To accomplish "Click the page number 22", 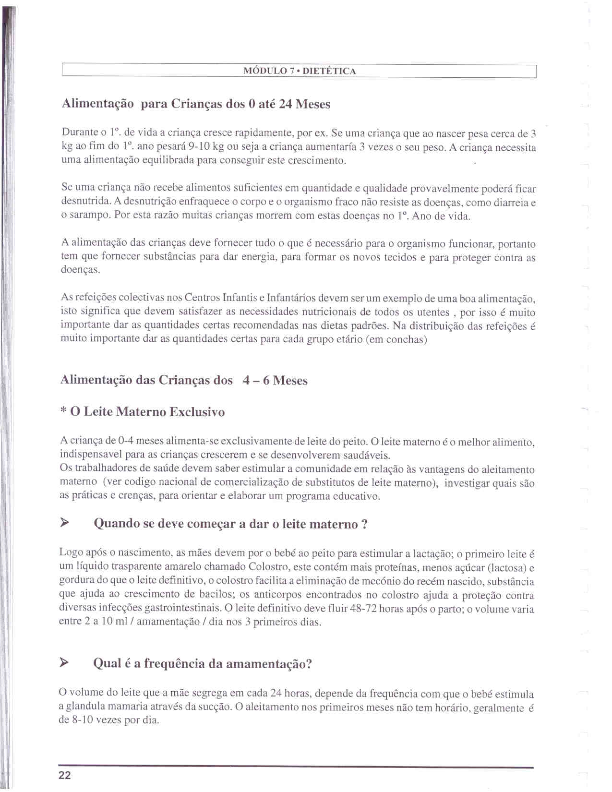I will click(65, 775).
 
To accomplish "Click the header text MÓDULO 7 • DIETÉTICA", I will click(300, 71).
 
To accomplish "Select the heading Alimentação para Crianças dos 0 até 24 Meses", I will click(196, 104).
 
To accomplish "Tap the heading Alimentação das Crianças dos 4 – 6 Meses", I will click(184, 381).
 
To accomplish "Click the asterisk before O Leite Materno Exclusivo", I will click(63, 411).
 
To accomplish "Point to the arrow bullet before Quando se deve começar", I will click(65, 523).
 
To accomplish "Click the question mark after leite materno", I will click(365, 524).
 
